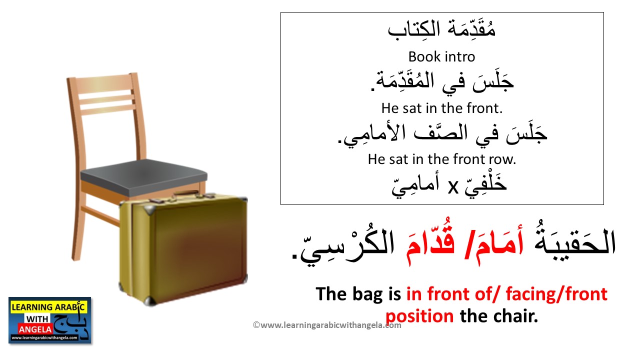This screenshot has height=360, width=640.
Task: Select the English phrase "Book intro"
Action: [x=441, y=56]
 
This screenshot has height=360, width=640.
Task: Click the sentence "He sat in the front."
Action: [x=441, y=107]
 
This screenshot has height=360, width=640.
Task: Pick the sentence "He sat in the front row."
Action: [x=441, y=159]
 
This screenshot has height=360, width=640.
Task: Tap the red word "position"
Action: [x=419, y=316]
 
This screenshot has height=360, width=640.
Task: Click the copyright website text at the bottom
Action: [x=327, y=325]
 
